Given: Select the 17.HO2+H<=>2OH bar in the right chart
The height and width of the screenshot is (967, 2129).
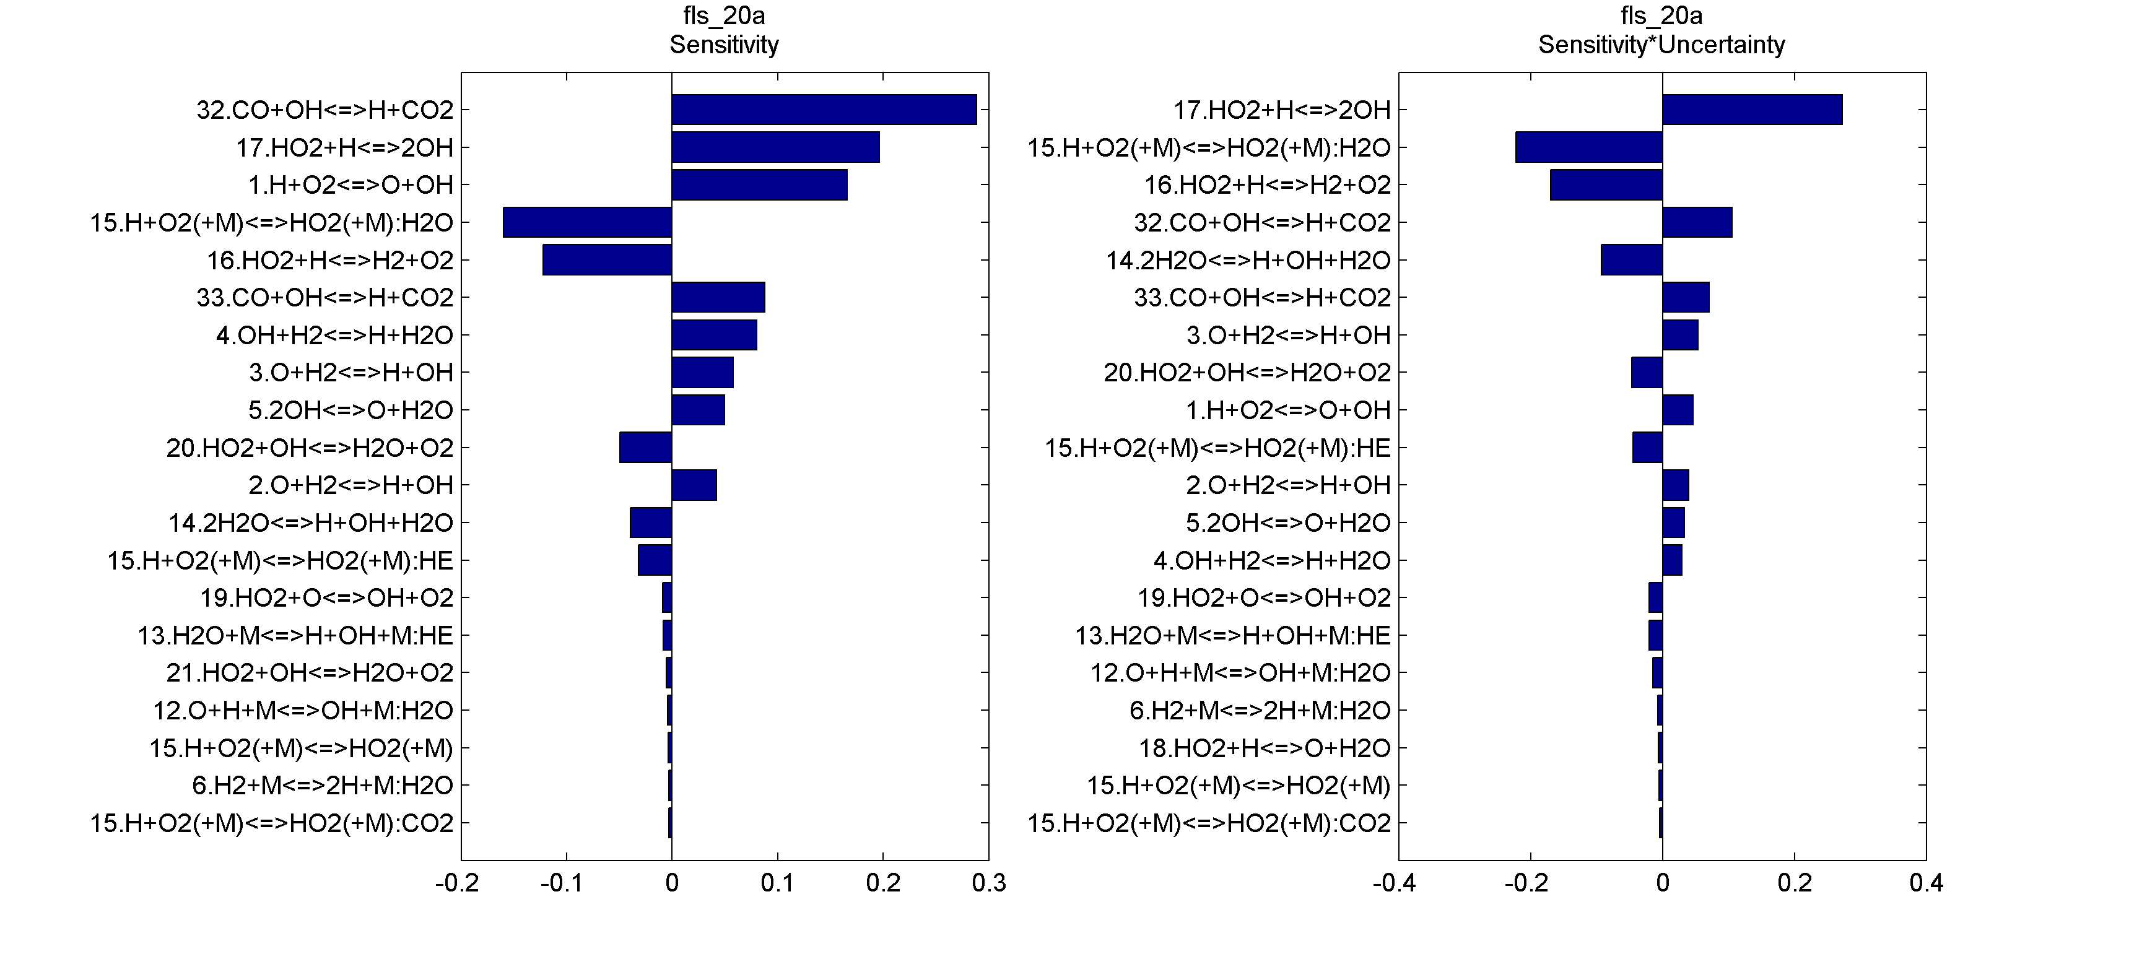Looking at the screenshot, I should point(1752,110).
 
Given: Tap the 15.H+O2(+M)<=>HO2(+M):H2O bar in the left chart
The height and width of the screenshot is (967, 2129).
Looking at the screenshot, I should point(587,222).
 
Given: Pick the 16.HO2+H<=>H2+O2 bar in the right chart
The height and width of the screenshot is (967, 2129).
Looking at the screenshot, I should point(1606,185).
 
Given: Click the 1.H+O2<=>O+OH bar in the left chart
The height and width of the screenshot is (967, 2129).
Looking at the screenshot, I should point(759,185).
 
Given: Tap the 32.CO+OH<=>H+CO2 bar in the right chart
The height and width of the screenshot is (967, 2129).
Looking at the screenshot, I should point(1697,222).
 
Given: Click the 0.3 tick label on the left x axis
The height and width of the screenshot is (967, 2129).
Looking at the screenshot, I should point(988,883).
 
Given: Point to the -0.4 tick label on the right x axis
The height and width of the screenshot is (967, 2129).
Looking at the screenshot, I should point(1395,883).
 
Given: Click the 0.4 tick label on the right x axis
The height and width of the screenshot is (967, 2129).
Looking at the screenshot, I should point(1926,883).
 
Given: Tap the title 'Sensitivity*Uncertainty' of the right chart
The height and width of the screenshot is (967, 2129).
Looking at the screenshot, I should point(1661,45).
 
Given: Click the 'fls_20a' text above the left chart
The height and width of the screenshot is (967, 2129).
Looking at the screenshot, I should point(724,15).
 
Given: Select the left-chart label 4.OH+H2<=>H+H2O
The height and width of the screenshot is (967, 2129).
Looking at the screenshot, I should point(335,336).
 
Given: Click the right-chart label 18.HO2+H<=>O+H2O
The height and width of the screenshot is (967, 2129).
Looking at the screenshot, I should point(1265,748).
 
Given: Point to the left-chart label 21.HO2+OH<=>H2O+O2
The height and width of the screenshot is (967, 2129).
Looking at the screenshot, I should point(310,673).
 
